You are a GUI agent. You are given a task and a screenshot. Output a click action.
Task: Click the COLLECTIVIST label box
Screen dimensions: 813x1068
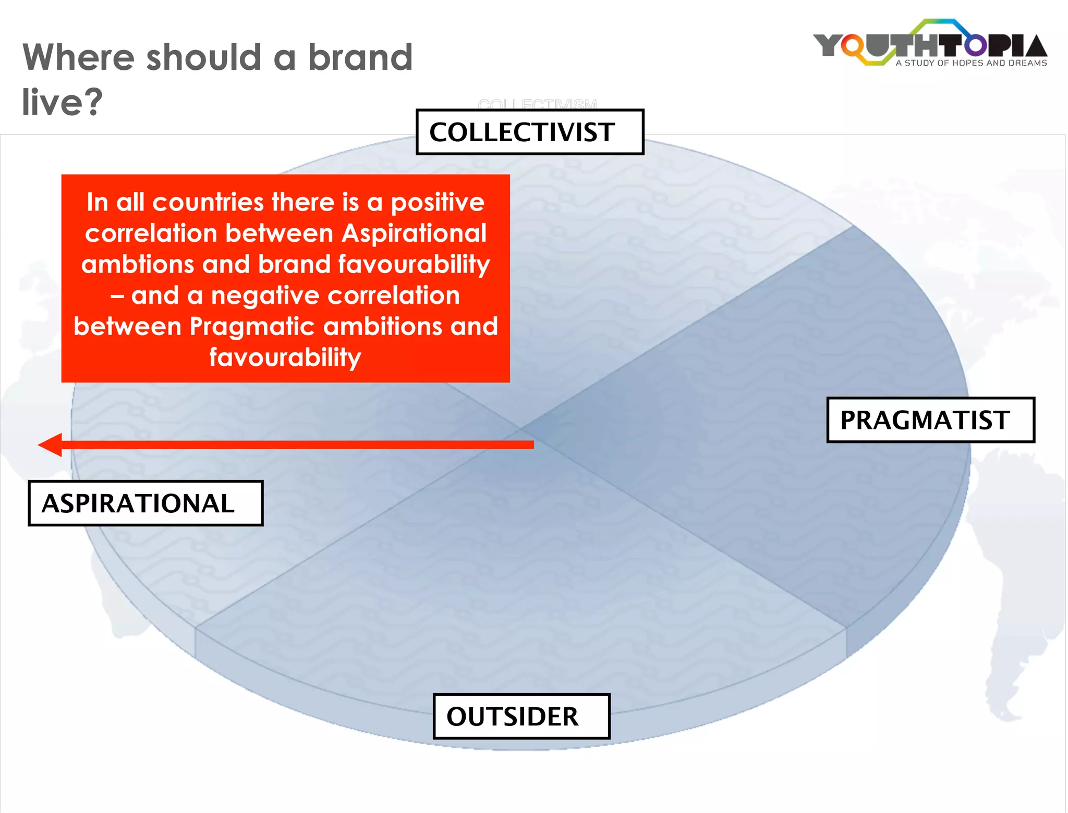pyautogui.click(x=529, y=132)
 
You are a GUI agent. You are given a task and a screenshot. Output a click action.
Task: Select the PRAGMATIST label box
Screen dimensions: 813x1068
pyautogui.click(x=930, y=420)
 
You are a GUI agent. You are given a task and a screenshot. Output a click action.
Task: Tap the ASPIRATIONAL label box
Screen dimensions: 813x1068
pyautogui.click(x=145, y=503)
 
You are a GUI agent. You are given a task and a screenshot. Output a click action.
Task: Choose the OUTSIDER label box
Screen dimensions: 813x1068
pyautogui.click(x=521, y=716)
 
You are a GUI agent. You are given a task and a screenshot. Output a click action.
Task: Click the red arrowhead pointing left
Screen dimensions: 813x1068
pyautogui.click(x=51, y=445)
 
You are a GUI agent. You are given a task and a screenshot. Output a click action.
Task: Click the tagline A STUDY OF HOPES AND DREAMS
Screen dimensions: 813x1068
pyautogui.click(x=971, y=63)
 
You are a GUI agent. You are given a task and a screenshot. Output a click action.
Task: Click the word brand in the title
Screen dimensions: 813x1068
pyautogui.click(x=360, y=57)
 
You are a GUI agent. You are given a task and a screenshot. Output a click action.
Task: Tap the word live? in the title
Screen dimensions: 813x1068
pyautogui.click(x=62, y=102)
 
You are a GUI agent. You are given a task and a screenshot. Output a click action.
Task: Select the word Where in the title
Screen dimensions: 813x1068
pyautogui.click(x=78, y=57)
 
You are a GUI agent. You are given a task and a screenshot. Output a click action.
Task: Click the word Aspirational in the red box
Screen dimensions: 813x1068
pyautogui.click(x=414, y=233)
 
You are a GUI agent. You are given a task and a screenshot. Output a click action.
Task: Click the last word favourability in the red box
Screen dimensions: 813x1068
pyautogui.click(x=285, y=358)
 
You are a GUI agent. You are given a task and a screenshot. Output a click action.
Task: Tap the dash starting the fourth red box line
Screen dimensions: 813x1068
pyautogui.click(x=117, y=295)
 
